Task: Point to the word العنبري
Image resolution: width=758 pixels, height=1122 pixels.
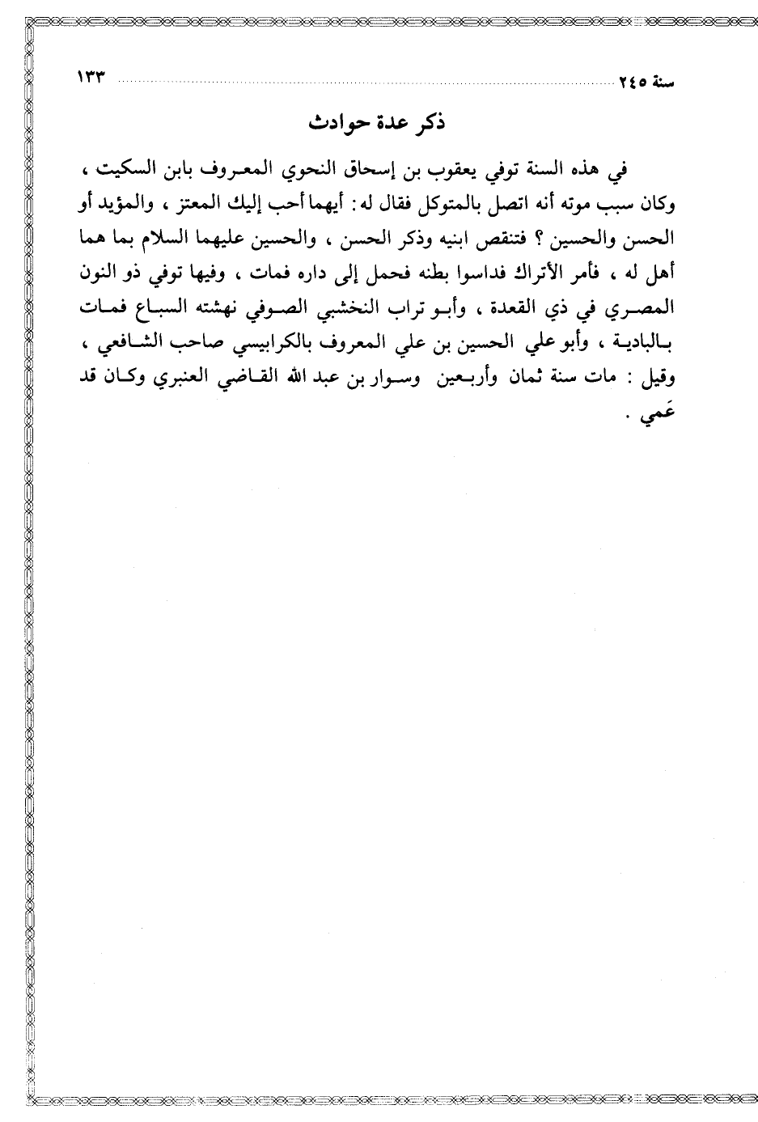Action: pyautogui.click(x=197, y=378)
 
